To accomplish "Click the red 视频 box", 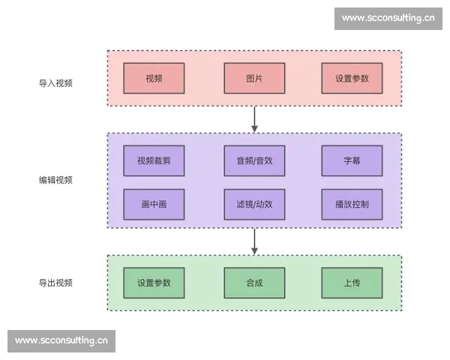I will point(154,79).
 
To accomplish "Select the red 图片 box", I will point(254,79).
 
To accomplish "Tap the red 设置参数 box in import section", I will point(352,79).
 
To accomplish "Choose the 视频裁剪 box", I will point(154,160).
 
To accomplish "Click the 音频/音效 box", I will point(254,160).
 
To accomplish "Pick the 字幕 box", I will point(352,160).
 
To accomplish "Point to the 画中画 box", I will point(154,204).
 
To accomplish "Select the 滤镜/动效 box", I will point(254,204).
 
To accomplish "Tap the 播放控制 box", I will point(352,204).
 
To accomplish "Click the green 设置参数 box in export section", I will point(154,283).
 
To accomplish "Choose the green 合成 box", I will point(254,283).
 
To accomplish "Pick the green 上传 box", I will point(352,283).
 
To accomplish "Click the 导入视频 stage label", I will point(55,83).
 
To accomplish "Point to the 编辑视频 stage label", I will point(55,180).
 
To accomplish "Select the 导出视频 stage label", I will point(55,283).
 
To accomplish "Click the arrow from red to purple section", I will point(255,118).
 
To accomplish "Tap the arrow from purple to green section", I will point(255,241).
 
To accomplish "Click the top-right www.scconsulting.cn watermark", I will point(388,18).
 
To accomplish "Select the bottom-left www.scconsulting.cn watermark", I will point(61,340).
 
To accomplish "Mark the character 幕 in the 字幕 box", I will point(356,160).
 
